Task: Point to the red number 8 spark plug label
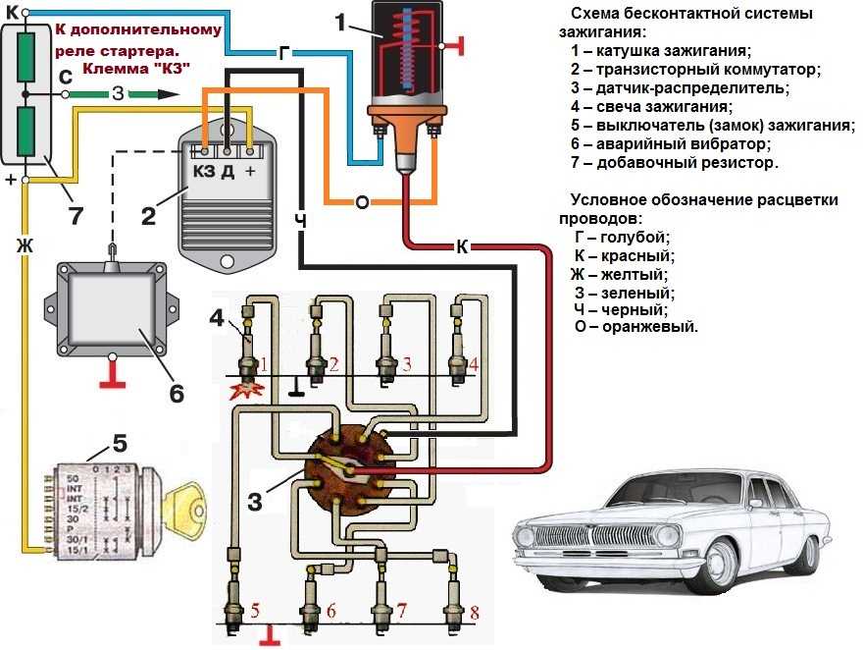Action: click(x=475, y=613)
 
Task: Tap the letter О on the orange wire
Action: click(x=362, y=201)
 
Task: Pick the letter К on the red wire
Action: click(x=462, y=246)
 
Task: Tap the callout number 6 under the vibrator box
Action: click(x=177, y=392)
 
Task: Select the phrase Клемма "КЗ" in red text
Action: click(x=136, y=68)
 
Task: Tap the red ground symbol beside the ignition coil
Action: click(x=453, y=45)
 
